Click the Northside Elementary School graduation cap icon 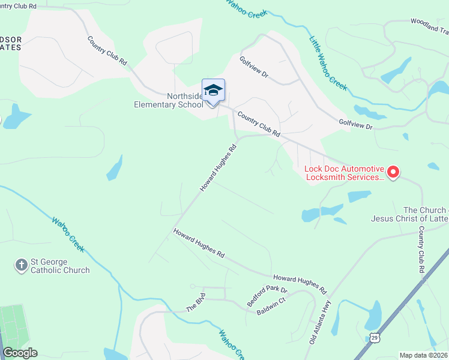[x=213, y=91]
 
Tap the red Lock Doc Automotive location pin [x=393, y=173]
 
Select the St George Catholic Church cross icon [x=22, y=265]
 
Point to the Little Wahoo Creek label [x=328, y=64]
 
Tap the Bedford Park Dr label [x=268, y=296]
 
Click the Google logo [x=20, y=353]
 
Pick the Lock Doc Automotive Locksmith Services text [x=343, y=173]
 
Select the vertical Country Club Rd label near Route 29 [x=421, y=250]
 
